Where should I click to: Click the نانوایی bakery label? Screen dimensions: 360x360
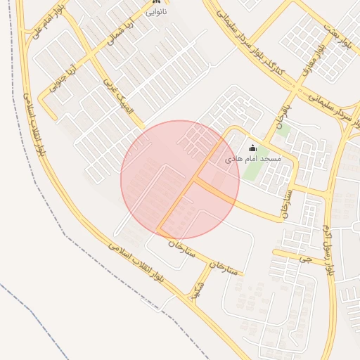156,13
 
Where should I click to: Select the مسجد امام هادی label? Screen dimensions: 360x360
252,160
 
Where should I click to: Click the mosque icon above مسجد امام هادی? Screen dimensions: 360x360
253,148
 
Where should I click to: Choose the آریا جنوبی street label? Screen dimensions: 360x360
61,79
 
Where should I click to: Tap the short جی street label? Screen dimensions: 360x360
303,259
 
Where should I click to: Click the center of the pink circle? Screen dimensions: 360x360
180,179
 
